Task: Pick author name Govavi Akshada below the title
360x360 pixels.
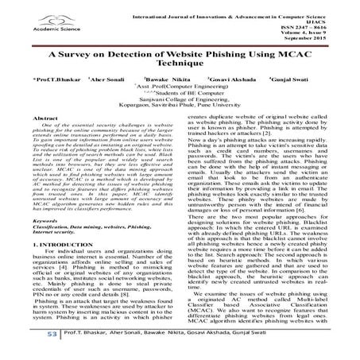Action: (234, 103)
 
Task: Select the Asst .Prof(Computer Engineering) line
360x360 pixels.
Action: (179, 111)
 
